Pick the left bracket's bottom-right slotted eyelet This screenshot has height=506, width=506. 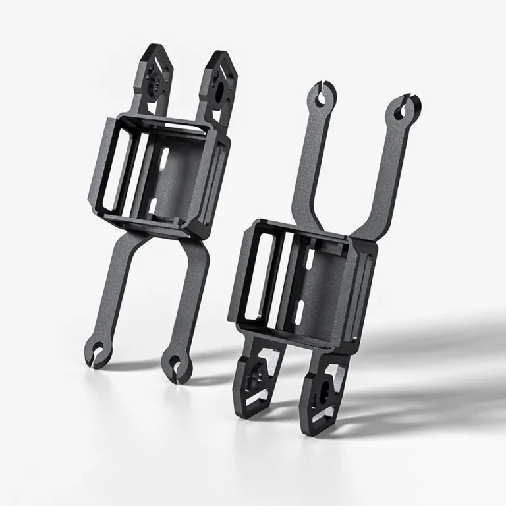point(174,362)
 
